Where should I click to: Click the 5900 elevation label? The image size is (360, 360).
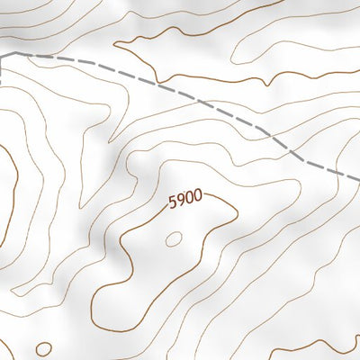point(184,199)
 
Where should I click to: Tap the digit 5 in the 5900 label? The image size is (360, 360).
point(171,203)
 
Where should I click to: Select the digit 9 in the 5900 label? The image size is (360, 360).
point(179,201)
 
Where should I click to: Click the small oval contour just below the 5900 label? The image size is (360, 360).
point(174,238)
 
